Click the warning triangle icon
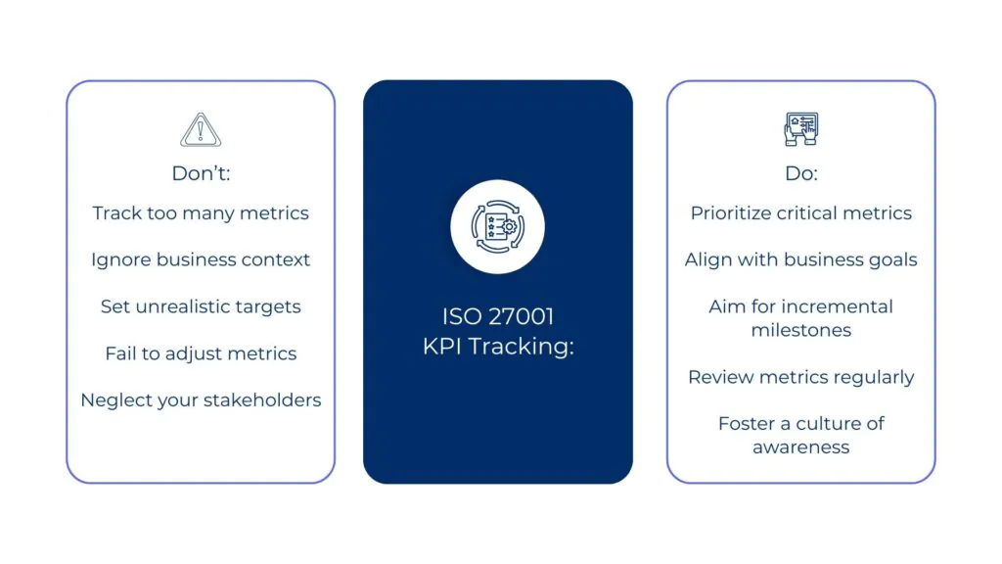(201, 130)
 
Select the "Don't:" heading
(201, 173)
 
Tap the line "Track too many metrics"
(201, 212)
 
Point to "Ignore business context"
(201, 259)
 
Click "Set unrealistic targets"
(201, 306)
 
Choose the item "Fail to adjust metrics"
(201, 353)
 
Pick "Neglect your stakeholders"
(201, 400)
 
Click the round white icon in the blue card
(498, 227)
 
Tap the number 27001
(521, 316)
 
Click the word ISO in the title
(462, 316)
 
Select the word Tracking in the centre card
(522, 347)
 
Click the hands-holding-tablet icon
(801, 129)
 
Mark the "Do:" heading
(801, 173)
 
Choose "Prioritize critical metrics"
(801, 212)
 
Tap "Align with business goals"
(801, 259)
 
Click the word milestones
(801, 330)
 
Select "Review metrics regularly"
(801, 377)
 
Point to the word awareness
(801, 446)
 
